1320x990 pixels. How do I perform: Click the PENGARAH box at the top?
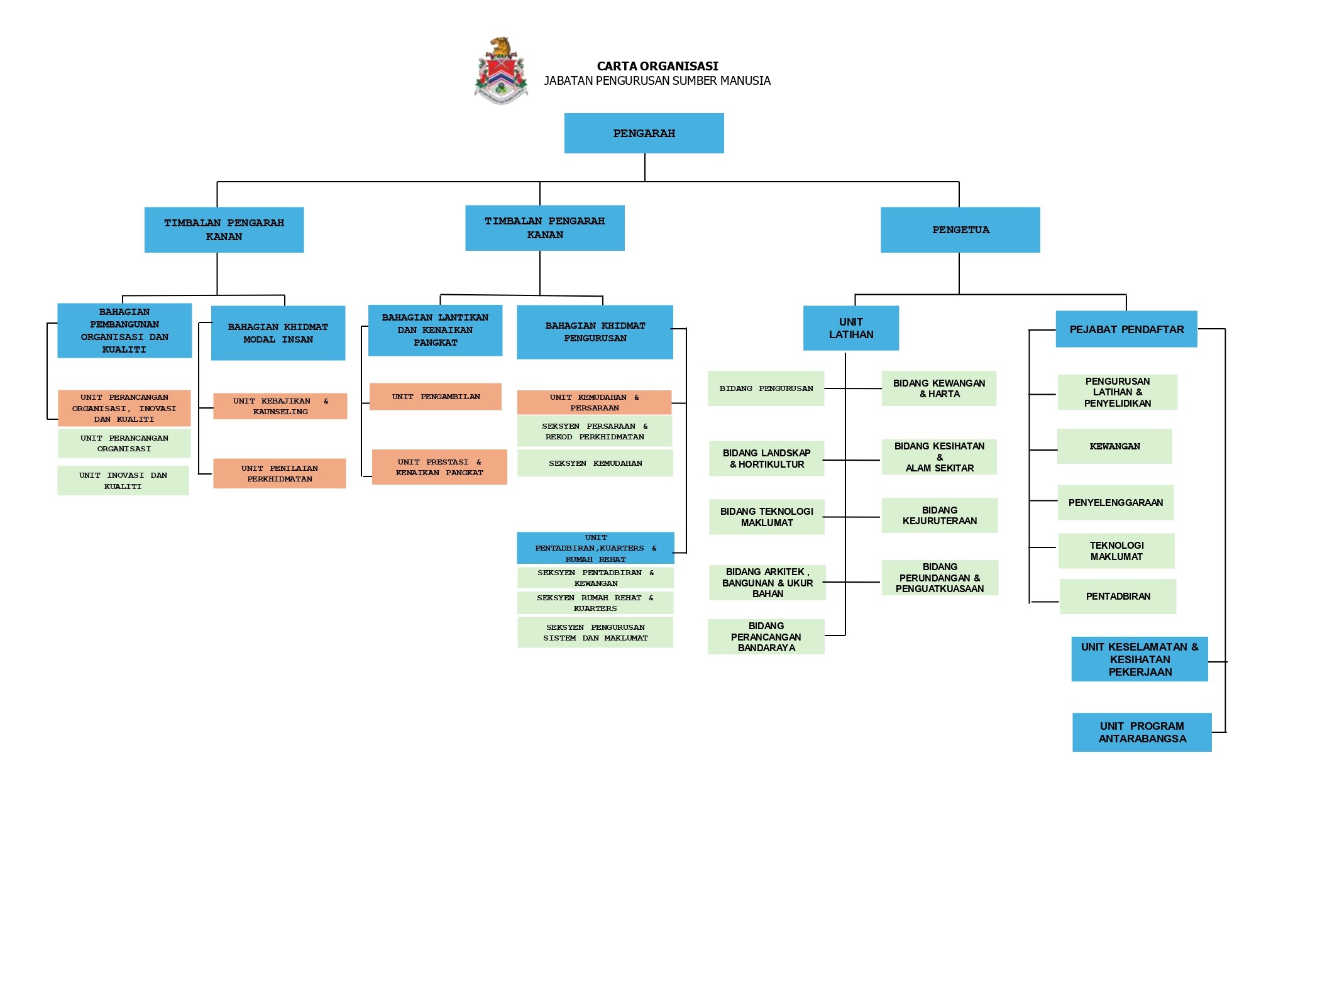coord(644,133)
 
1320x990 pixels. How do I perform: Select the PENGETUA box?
coord(960,230)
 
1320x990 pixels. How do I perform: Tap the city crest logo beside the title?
coord(501,70)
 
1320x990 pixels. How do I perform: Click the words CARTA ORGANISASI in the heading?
coord(657,66)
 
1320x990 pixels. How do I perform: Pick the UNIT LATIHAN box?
coord(850,328)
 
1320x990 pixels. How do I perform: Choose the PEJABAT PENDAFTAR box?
coord(1126,329)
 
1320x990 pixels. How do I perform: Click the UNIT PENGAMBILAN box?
coord(436,397)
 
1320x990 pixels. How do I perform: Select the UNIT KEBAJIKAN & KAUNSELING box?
coord(280,406)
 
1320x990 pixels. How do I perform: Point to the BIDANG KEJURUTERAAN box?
coord(939,515)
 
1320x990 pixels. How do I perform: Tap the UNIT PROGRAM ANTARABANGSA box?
coord(1141,732)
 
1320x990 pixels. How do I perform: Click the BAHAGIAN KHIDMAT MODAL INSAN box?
coord(278,333)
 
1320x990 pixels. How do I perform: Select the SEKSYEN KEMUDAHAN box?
coord(595,463)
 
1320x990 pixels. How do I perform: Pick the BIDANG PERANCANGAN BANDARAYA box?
coord(766,637)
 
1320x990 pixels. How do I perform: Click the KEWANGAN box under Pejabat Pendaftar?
coord(1114,446)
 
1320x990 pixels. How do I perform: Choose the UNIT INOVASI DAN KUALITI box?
coord(123,481)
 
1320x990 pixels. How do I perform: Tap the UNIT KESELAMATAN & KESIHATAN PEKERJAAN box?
coord(1139,659)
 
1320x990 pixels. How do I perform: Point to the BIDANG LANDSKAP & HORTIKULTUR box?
coord(766,459)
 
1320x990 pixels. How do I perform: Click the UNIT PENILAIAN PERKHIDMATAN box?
coord(279,473)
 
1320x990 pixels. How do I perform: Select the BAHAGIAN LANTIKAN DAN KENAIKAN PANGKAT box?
coord(435,330)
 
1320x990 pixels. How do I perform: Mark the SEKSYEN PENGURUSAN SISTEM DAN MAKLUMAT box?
coord(595,632)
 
